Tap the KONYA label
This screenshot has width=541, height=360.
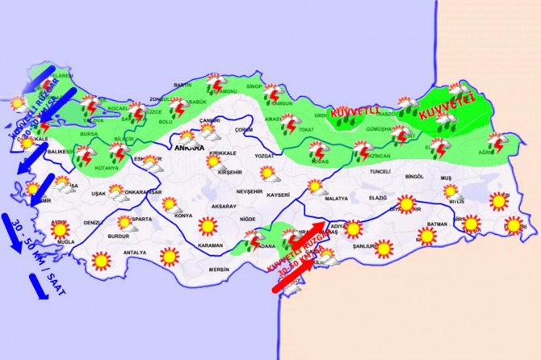pyautogui.click(x=184, y=216)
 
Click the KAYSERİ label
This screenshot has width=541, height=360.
pyautogui.click(x=279, y=195)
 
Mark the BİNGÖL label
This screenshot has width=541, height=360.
pyautogui.click(x=414, y=175)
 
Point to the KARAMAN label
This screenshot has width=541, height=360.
pyautogui.click(x=210, y=245)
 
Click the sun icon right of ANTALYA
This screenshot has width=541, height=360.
pyautogui.click(x=169, y=257)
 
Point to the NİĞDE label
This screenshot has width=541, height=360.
pyautogui.click(x=249, y=219)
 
